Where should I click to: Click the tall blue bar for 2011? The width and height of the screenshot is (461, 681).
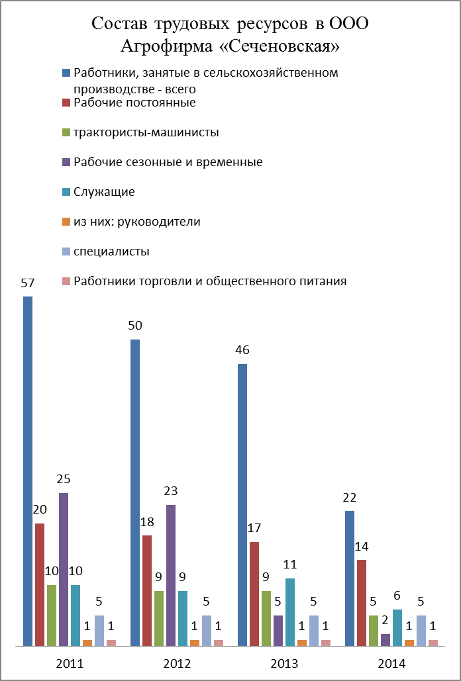coord(28,470)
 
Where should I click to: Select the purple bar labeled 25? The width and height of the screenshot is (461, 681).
coord(64,569)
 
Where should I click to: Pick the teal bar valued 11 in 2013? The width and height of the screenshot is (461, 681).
coord(290,612)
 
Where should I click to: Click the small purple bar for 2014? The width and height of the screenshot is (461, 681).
coord(385,639)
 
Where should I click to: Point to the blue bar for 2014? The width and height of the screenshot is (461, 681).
coord(350,578)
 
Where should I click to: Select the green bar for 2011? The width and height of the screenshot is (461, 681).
coord(52,615)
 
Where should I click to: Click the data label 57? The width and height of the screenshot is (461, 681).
coord(28,283)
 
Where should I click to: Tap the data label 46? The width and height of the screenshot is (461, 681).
coord(242,350)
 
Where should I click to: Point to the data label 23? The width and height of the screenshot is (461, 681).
coord(171,491)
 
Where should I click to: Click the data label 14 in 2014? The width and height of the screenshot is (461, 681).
coord(362,547)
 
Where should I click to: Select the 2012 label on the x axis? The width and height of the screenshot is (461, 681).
coord(177,663)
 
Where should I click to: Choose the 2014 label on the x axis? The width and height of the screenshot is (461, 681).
coord(391,663)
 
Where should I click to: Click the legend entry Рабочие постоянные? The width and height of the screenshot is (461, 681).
coord(134,103)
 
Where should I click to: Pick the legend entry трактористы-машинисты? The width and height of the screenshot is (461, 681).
coord(146,132)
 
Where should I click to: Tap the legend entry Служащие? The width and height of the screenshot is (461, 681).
coord(105,192)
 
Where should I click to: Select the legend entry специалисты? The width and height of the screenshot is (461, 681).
coord(111,251)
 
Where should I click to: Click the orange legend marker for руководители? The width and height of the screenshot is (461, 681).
coord(66,222)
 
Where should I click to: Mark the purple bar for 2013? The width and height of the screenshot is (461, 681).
coord(278,630)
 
